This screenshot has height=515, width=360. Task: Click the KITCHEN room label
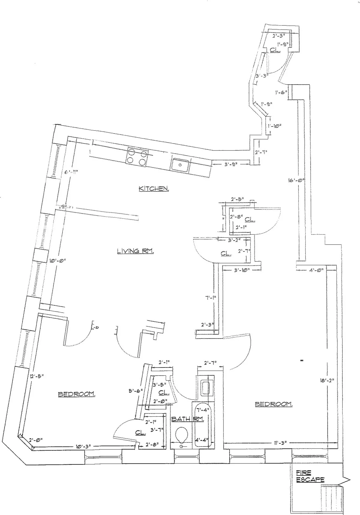tap(153, 189)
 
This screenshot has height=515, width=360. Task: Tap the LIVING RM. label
tap(135, 251)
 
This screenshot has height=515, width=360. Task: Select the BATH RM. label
tap(187, 419)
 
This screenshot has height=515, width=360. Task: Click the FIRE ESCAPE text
tap(310, 476)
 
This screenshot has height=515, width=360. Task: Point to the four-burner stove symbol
tap(137, 156)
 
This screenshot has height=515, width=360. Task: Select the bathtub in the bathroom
tap(204, 426)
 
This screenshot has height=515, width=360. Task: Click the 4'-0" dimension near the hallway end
tap(315, 269)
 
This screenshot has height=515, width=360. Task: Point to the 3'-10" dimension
tap(241, 270)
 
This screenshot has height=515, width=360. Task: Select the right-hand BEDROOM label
tap(274, 404)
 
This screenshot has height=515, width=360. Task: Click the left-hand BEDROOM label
tap(77, 394)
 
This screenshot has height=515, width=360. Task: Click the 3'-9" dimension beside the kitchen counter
tap(231, 164)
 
